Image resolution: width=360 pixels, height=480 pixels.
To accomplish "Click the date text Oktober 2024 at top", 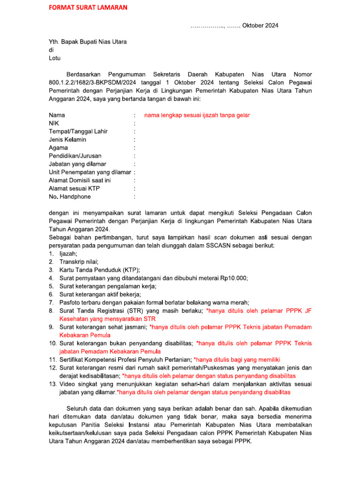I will point(260,25).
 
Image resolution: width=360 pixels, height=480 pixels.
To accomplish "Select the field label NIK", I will point(54,123).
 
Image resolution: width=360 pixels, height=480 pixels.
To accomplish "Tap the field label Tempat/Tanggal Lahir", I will point(78,131).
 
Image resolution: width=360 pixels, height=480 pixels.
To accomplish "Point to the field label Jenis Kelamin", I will point(67,140).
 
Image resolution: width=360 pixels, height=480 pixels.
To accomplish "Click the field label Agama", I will point(59,148).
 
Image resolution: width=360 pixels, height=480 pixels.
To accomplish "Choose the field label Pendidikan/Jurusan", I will point(75,156).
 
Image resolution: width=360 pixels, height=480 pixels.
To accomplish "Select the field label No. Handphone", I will point(70,196).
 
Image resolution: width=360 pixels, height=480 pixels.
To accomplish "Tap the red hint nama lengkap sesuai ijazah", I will point(197,115).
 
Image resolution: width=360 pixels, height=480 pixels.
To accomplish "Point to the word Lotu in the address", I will point(55,58).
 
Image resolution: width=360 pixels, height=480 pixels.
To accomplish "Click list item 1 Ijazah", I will point(68,253).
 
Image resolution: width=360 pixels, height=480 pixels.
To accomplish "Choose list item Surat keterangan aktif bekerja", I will point(100,294).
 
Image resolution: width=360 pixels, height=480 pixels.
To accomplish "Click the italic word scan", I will point(227,237).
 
